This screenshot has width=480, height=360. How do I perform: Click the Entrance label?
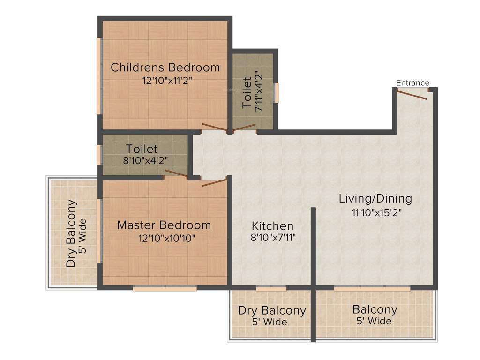pos(412,83)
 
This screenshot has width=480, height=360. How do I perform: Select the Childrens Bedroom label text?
pos(165,67)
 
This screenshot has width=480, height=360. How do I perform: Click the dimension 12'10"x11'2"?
pos(167,81)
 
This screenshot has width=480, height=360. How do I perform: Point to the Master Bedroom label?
pos(164,225)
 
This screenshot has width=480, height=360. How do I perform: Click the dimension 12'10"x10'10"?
pos(166,238)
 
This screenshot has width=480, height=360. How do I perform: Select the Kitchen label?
pos(272,225)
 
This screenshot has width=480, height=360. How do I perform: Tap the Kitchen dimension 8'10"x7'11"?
pos(273,238)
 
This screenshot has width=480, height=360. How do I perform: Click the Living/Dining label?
pos(375,199)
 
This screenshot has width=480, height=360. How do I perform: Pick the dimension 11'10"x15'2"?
pos(377,212)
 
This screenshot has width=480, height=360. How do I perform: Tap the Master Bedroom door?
pos(214,182)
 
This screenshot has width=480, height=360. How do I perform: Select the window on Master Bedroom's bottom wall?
pos(165,289)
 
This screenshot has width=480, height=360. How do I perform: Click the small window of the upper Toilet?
pos(277,93)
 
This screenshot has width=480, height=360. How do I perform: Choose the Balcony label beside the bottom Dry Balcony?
pos(375,310)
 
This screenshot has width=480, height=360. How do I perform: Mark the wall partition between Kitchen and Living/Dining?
pos(313,246)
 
